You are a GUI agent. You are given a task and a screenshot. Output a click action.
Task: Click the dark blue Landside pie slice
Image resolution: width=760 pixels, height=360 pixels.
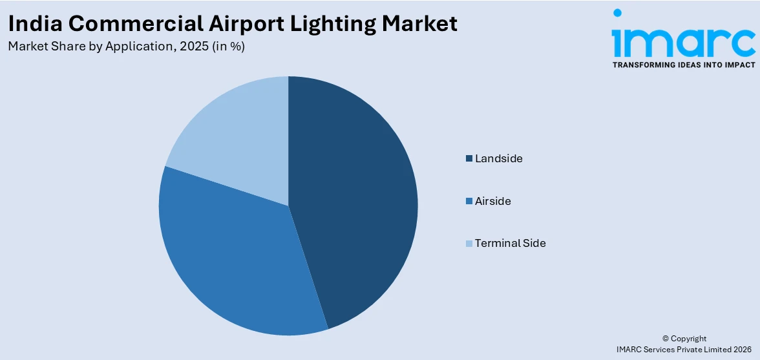tap(362, 200)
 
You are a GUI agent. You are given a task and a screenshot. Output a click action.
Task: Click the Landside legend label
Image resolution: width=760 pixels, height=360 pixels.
tap(498, 158)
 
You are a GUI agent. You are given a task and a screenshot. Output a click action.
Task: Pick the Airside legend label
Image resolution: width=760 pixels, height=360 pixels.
tap(492, 201)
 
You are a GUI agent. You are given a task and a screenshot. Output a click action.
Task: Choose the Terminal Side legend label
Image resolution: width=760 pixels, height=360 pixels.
tap(510, 243)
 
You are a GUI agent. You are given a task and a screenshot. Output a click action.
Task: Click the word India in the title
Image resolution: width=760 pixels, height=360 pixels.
tap(34, 23)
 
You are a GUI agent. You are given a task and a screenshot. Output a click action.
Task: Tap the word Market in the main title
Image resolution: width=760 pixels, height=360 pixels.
tap(419, 23)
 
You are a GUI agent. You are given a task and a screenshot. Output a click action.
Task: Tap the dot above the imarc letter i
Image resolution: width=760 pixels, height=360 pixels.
tap(617, 12)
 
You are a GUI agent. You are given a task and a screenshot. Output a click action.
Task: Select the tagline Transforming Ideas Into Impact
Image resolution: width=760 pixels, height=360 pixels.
tap(684, 65)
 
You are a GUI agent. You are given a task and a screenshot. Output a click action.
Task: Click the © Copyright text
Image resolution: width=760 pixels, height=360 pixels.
tap(684, 338)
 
